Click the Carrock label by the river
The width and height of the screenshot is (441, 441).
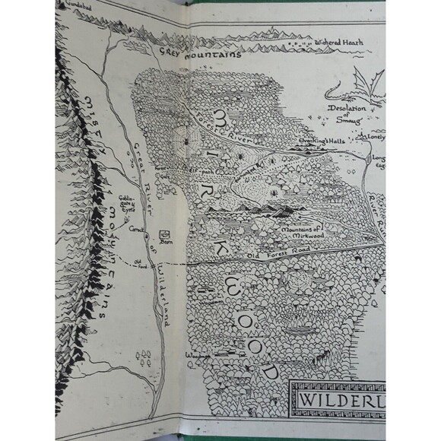136,227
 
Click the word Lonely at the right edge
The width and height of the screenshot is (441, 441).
376,138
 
